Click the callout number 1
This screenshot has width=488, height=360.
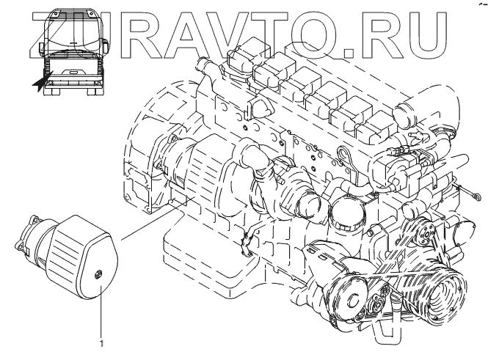click(x=101, y=343)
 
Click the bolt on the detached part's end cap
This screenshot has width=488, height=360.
click(x=98, y=274)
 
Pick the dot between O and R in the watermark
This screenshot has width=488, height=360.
click(x=349, y=54)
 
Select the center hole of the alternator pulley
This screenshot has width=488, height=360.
click(x=353, y=300)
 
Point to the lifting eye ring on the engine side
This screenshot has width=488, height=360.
click(x=344, y=155)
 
